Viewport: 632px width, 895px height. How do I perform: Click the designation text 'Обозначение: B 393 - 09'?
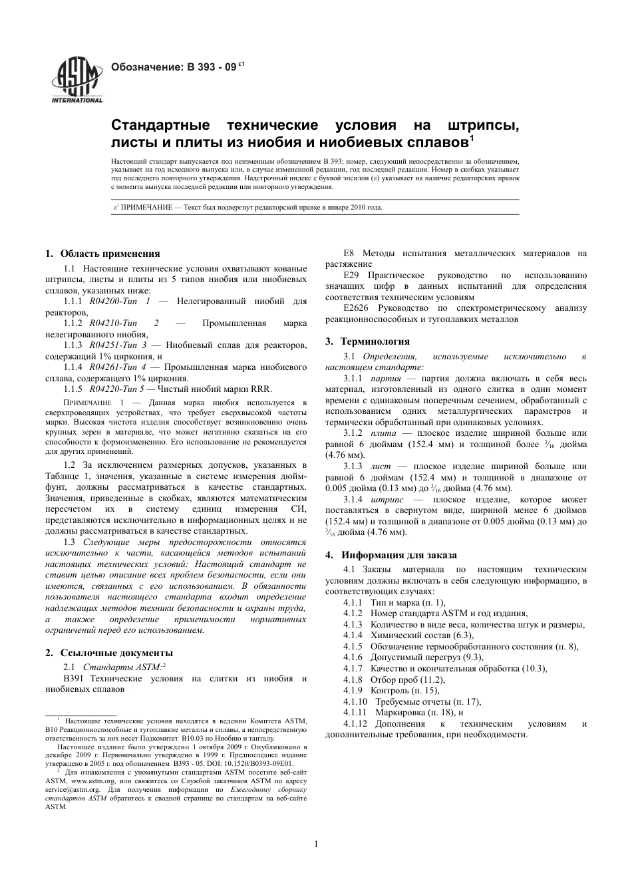pyautogui.click(x=174, y=67)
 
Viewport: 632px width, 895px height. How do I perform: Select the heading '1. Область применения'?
pyautogui.click(x=102, y=253)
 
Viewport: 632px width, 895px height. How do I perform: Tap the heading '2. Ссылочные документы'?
pyautogui.click(x=109, y=653)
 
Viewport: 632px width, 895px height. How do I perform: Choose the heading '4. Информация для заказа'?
pyautogui.click(x=391, y=554)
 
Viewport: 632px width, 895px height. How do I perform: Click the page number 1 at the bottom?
pyautogui.click(x=316, y=844)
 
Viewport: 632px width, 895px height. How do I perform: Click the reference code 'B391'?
pyautogui.click(x=75, y=678)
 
